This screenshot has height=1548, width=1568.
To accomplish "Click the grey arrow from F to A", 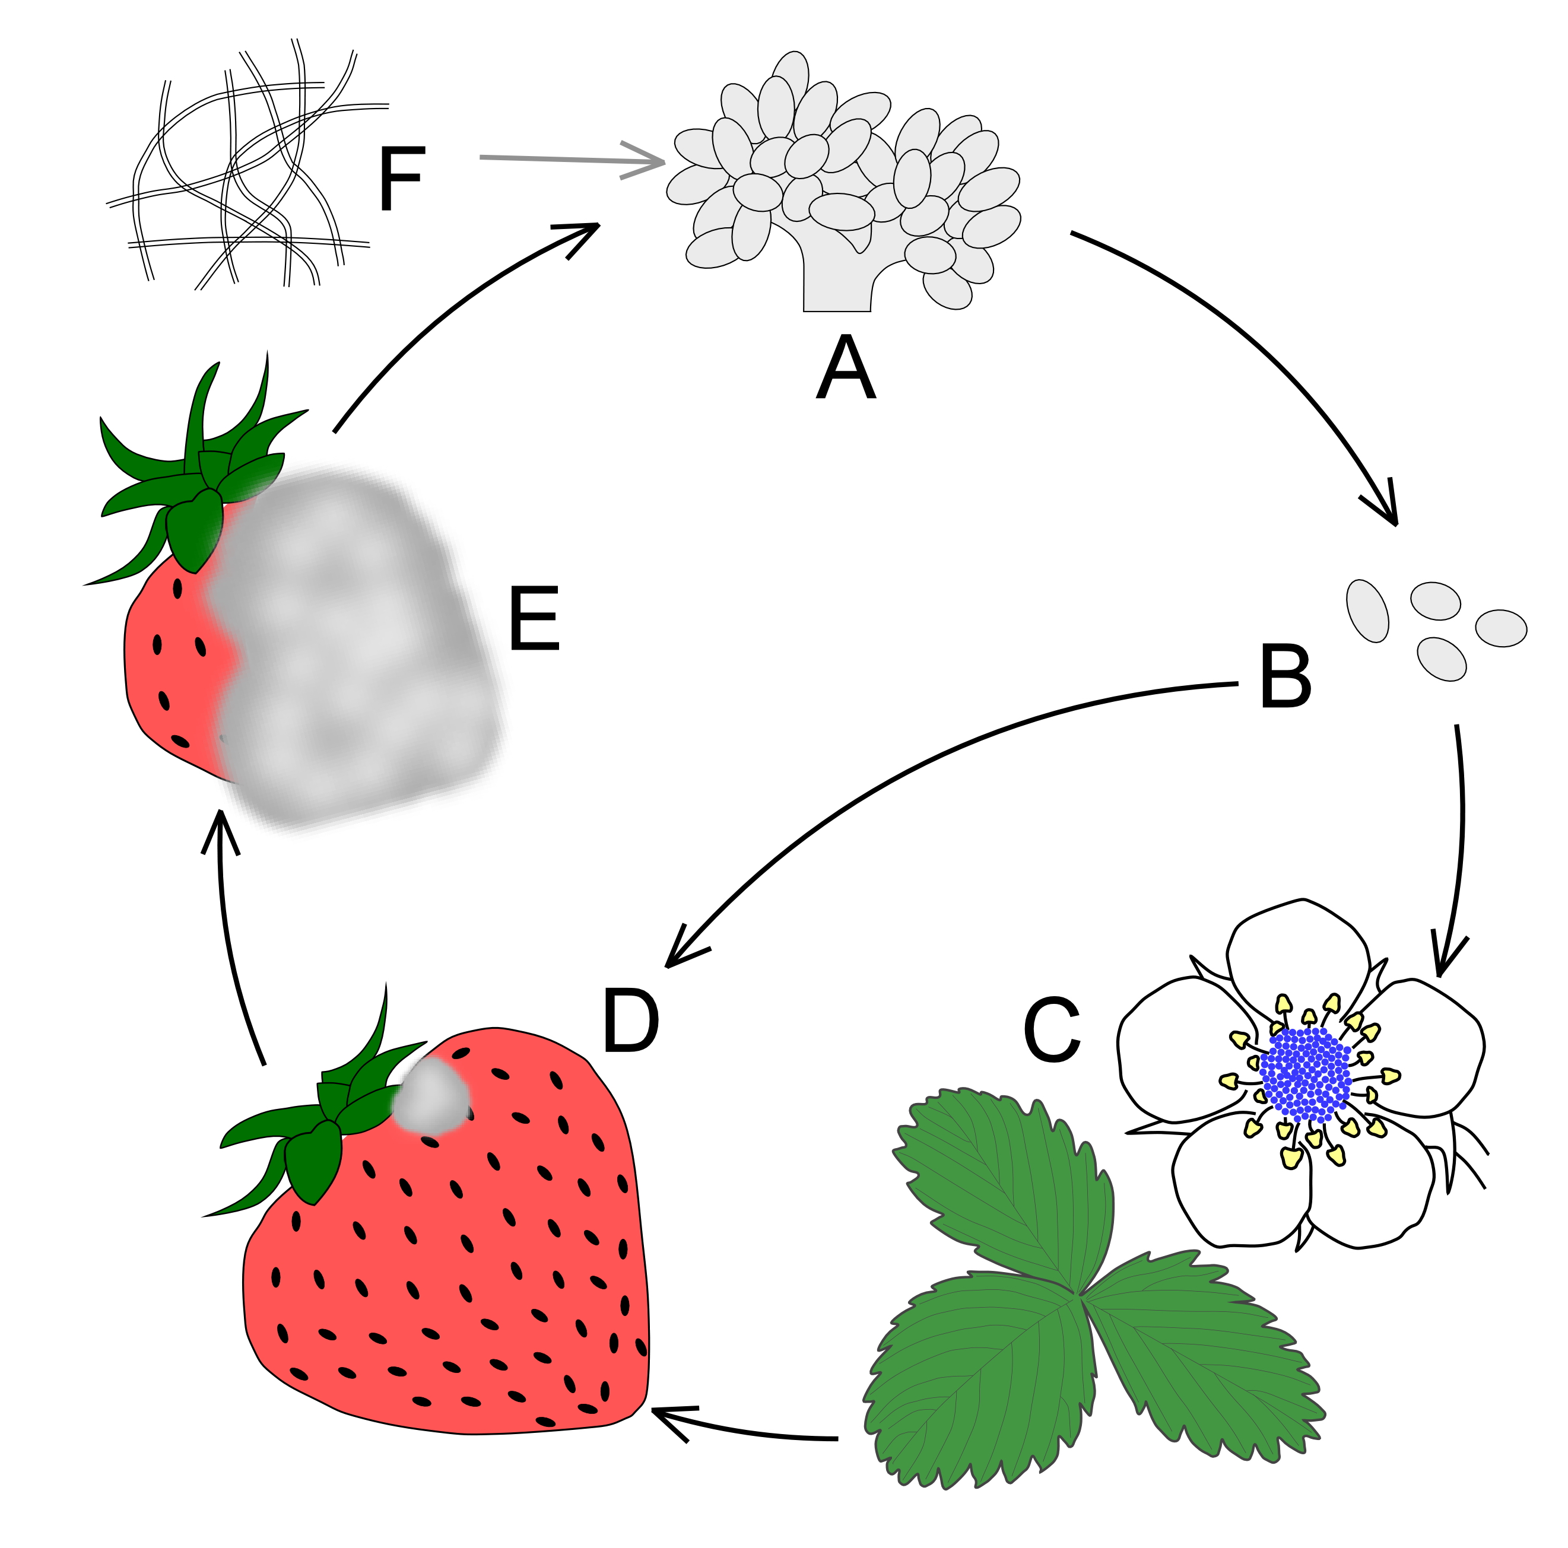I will (x=568, y=159).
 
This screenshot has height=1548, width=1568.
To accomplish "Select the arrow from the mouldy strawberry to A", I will (x=455, y=300).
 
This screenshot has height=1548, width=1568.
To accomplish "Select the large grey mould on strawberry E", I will (x=357, y=649).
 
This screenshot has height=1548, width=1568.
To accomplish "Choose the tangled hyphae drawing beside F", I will (x=243, y=170).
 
